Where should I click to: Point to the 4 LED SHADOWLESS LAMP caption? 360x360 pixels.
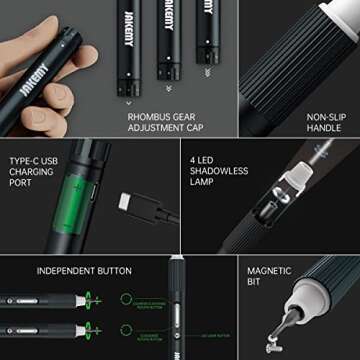tap(218, 173)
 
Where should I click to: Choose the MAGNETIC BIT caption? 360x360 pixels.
tap(271, 276)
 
